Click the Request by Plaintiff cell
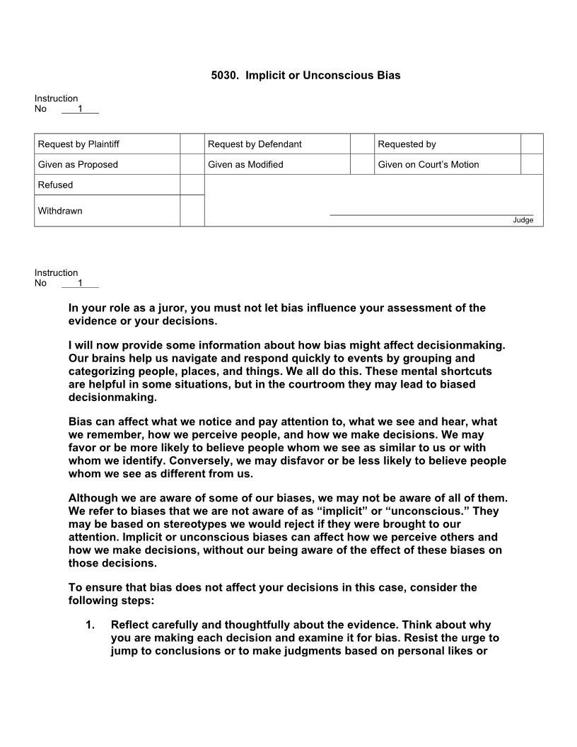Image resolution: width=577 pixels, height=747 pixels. pos(78,144)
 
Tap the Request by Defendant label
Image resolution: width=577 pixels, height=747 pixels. pos(255,144)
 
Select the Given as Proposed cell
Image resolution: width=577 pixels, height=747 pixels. pos(78,165)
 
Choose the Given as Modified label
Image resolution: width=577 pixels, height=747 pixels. pos(245,165)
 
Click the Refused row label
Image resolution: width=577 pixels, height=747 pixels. pos(55,185)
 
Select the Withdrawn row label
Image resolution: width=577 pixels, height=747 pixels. pos(60,211)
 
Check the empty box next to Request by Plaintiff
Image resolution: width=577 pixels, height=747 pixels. pos(192,144)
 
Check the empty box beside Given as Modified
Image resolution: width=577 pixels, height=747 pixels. pos(361,165)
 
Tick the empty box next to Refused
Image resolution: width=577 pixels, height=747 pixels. pos(192,185)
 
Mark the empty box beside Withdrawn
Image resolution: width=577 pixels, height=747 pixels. pos(192,211)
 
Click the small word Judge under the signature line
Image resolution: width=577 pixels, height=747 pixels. pos(523,220)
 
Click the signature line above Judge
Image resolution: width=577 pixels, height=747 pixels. pos(431,214)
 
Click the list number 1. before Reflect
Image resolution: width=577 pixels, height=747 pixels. pos(91,625)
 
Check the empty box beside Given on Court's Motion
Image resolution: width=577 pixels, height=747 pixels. pos(532,165)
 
